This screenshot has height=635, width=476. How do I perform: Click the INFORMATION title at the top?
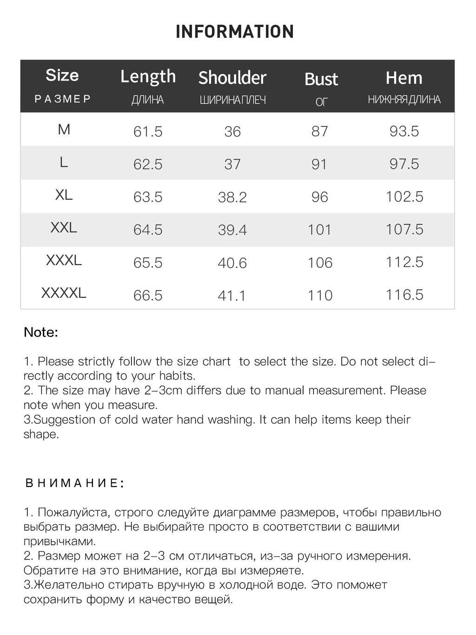(x=235, y=32)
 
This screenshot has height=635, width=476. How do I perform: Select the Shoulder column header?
(x=232, y=78)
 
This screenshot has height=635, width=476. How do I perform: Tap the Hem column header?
(x=404, y=78)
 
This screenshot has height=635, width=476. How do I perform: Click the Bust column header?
(x=321, y=79)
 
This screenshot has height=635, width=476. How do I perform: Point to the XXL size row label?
(x=64, y=227)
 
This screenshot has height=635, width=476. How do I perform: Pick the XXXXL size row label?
(x=64, y=293)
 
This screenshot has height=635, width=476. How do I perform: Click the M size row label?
(x=64, y=129)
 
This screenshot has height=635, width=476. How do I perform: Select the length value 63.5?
(x=148, y=197)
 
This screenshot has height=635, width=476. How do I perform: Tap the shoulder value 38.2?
(x=232, y=197)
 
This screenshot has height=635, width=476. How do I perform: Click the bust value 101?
(x=320, y=230)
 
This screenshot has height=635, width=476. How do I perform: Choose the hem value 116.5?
(x=404, y=295)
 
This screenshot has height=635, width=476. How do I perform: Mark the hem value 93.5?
(x=404, y=131)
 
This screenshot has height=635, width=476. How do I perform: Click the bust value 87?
(x=320, y=131)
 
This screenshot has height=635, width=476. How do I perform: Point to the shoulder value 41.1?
(x=231, y=295)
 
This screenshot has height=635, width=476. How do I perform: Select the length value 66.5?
(x=148, y=295)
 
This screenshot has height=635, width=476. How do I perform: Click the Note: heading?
(x=41, y=332)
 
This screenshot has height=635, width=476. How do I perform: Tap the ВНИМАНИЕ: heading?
(x=74, y=483)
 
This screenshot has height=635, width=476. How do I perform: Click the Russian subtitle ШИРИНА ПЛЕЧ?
(x=232, y=100)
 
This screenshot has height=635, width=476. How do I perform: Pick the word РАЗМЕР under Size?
(x=63, y=99)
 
